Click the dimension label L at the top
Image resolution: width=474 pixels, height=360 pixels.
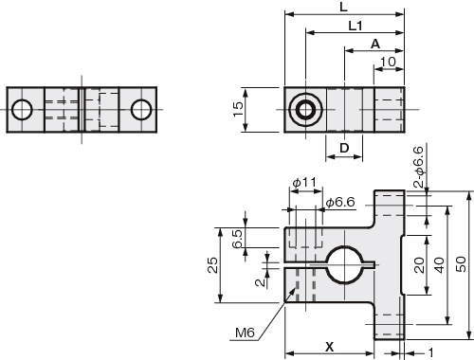pos(343,8)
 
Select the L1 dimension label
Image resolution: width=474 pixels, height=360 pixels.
pos(355,26)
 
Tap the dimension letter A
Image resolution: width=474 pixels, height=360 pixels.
pos(375,44)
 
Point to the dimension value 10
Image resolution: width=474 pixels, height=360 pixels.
pos(388,62)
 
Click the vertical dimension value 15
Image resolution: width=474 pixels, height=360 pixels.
pos(238,109)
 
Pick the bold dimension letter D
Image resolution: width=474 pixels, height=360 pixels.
pos(344,148)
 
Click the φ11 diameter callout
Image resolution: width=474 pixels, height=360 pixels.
pos(304,182)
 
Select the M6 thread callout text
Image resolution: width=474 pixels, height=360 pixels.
pos(245,333)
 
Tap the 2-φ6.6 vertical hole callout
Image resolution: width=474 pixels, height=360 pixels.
pos(420,167)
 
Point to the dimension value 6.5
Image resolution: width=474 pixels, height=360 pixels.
pos(237,239)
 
